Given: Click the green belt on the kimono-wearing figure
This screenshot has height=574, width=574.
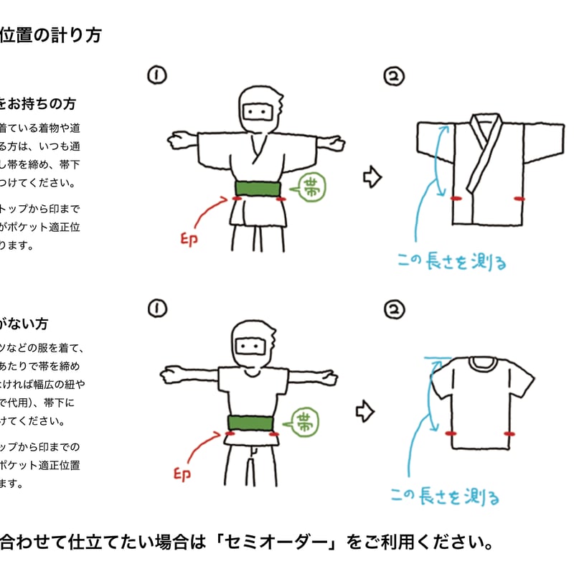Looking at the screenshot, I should pos(257,189).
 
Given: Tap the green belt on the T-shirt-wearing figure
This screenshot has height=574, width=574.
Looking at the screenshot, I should pos(251,423).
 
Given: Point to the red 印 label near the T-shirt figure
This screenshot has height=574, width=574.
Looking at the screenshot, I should pos(182,474).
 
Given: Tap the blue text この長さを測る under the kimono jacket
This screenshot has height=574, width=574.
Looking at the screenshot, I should pos(452,262).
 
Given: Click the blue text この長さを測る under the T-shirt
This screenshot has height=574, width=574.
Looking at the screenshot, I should pos(445,496).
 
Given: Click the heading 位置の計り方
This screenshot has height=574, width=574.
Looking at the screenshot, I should pos(50,35).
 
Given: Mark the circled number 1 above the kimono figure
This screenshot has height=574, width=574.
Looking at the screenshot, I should pos(156,74).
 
